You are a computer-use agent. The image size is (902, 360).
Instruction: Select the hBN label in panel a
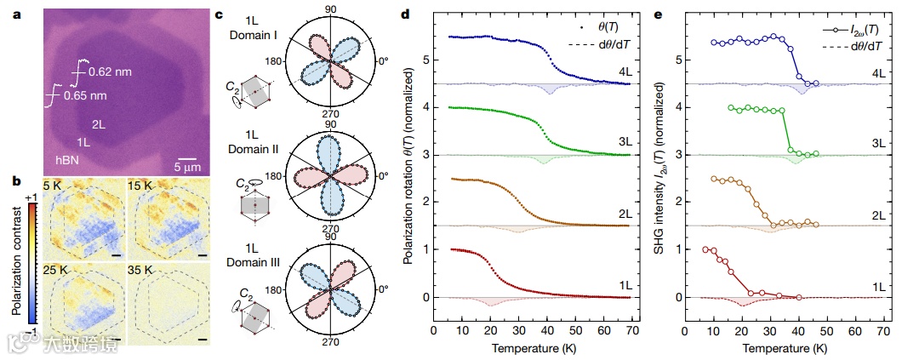67,158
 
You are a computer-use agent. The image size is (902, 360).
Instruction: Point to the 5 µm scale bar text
190,168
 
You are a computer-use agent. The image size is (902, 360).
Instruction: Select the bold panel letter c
220,14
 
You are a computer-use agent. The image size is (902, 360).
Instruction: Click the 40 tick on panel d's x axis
547,330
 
